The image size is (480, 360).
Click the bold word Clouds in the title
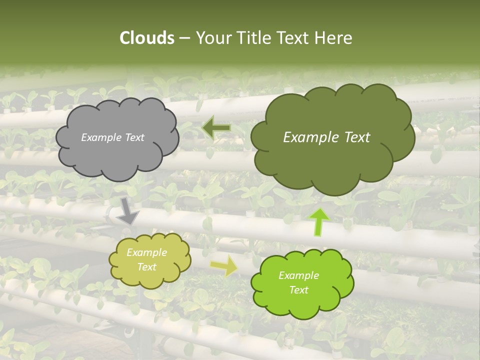click(146, 38)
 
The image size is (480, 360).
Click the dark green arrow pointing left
click(216, 128)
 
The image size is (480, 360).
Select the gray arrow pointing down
click(128, 210)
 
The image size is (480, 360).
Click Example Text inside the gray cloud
click(112, 137)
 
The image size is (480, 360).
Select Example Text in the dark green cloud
click(326, 137)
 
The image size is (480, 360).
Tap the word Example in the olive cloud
click(146, 252)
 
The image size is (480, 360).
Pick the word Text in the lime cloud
click(298, 290)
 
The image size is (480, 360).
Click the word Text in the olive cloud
click(146, 267)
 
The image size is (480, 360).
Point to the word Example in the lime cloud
click(298, 275)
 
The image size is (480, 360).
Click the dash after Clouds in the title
click(184, 38)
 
